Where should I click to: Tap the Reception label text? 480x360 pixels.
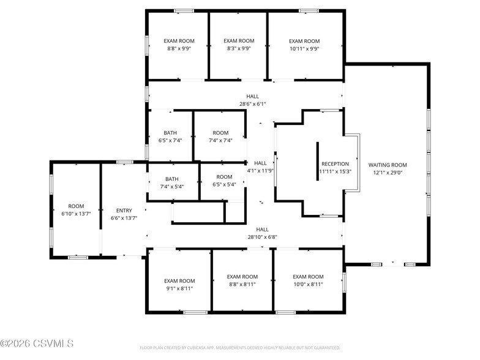[335, 164]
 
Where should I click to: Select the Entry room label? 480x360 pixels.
[124, 210]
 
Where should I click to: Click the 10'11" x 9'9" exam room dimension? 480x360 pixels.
[304, 49]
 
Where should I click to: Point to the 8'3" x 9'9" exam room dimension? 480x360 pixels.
[239, 49]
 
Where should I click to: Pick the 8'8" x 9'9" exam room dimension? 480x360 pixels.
[179, 49]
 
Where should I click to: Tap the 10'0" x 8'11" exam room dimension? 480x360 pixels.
[307, 285]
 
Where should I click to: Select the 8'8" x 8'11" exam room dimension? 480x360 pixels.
[242, 285]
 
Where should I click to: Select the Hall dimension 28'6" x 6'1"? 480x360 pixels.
[252, 104]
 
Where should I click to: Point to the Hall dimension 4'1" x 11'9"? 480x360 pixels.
[260, 171]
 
